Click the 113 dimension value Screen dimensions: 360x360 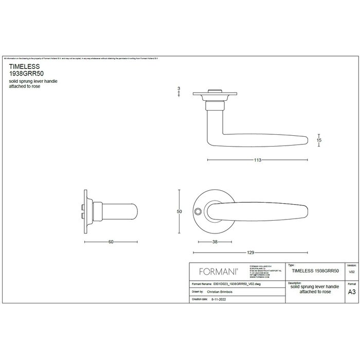(258, 160)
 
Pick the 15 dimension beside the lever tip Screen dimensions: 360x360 (319, 139)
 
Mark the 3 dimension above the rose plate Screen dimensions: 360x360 (178, 89)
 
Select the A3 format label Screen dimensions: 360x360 (351, 291)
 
